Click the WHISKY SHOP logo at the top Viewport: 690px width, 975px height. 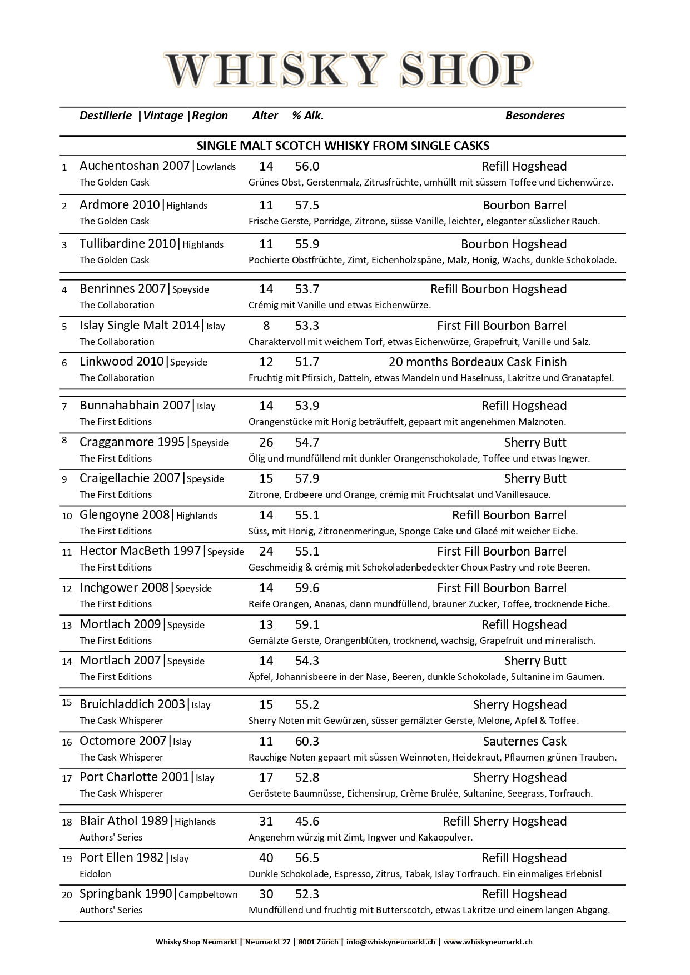pyautogui.click(x=348, y=71)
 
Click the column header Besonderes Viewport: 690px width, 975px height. pyautogui.click(x=534, y=116)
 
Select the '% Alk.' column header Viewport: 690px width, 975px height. pyautogui.click(x=307, y=116)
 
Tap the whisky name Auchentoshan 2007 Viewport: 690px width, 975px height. pyautogui.click(x=135, y=166)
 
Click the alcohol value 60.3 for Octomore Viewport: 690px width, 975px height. pyautogui.click(x=307, y=741)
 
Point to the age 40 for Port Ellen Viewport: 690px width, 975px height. pyautogui.click(x=266, y=858)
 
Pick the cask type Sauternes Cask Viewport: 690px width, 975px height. pyautogui.click(x=524, y=741)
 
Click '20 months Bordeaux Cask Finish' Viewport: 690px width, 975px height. pyautogui.click(x=477, y=362)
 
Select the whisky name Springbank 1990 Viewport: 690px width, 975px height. pyautogui.click(x=126, y=894)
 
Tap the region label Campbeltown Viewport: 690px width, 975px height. pyautogui.click(x=208, y=895)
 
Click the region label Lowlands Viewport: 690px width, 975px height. pyautogui.click(x=216, y=167)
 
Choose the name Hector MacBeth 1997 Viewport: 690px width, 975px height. pyautogui.click(x=140, y=551)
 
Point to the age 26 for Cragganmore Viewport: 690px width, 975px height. pyautogui.click(x=266, y=443)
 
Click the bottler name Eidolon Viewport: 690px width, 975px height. pyautogui.click(x=95, y=874)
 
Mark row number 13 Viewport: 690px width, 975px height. pyautogui.click(x=67, y=626)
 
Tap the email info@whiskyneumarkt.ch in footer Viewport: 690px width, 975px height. pyautogui.click(x=390, y=942)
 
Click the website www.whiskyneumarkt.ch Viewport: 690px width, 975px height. pyautogui.click(x=488, y=942)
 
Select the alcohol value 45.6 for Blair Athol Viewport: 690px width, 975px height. pyautogui.click(x=307, y=821)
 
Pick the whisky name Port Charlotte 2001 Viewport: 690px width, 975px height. pyautogui.click(x=134, y=777)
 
